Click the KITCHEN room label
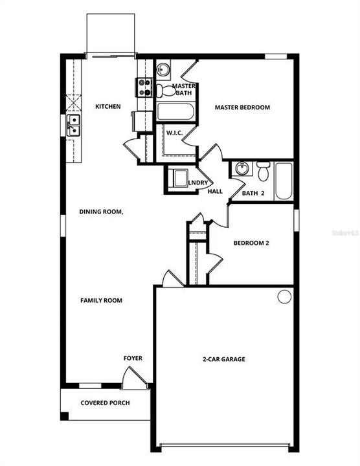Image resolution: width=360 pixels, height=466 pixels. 108,106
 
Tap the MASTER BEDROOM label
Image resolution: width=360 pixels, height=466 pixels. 242,107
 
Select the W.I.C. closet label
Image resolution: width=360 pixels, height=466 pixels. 175,133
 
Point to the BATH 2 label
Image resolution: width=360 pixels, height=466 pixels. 254,193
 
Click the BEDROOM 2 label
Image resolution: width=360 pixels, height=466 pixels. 251,243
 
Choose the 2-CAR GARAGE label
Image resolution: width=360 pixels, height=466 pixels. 223,359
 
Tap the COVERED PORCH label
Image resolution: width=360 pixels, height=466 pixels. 105,403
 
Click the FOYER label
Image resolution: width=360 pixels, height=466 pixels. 133,358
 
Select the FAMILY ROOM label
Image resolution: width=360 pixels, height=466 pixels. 102,300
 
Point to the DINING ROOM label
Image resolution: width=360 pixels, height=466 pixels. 102,212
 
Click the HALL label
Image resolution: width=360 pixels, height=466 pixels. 215,192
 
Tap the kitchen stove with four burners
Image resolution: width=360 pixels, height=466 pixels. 143,87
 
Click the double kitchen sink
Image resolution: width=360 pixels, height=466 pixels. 73,125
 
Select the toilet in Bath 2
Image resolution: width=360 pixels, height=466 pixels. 263,172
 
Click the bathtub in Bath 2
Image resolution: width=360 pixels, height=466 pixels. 284,181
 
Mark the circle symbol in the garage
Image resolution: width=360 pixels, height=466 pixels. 284,296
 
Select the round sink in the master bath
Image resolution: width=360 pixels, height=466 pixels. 163,69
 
